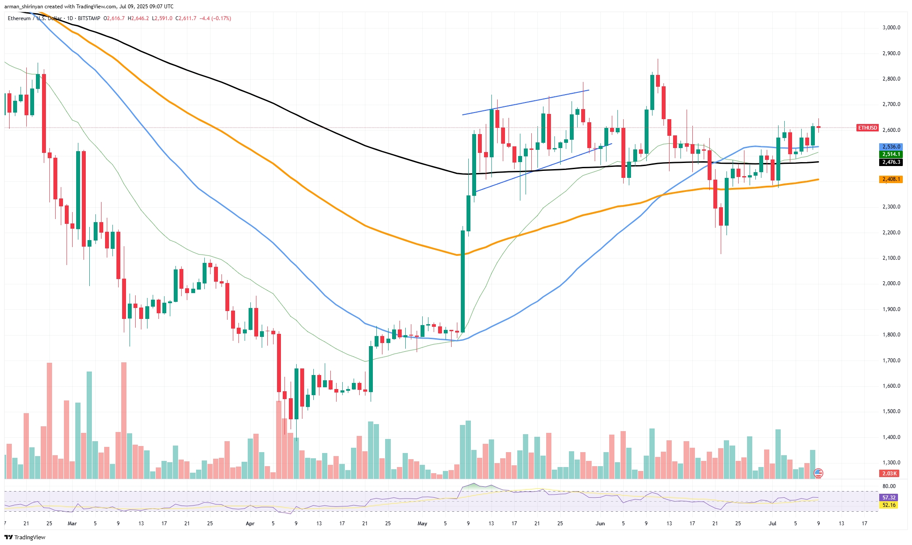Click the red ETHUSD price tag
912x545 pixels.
(x=867, y=128)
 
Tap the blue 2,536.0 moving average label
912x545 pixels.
(x=891, y=147)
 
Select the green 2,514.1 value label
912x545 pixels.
(x=891, y=154)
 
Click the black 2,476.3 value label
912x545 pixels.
(x=891, y=162)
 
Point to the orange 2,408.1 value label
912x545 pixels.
(x=891, y=179)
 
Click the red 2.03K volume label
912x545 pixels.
(x=890, y=474)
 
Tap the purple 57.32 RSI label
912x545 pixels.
(x=889, y=498)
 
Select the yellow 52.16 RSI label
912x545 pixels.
(x=889, y=505)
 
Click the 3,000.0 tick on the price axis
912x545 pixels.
(x=891, y=28)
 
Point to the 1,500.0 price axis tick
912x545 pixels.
(x=891, y=411)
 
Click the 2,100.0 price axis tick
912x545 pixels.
(x=891, y=258)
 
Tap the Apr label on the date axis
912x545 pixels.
(x=250, y=524)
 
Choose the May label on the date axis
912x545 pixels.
(x=422, y=524)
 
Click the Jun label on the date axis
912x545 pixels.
(x=600, y=524)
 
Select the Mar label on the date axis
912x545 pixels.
(x=72, y=524)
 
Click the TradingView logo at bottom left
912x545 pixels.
(x=25, y=537)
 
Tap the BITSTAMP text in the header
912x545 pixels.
(x=89, y=18)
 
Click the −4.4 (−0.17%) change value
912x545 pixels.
(x=215, y=18)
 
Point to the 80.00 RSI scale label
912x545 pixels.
(x=889, y=486)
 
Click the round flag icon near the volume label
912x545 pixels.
(x=818, y=473)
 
